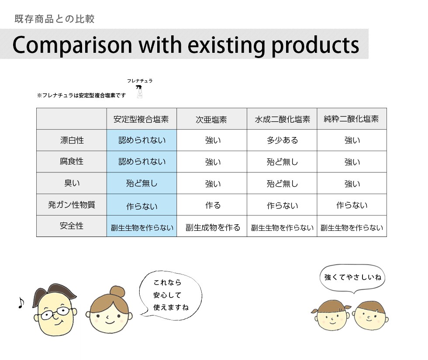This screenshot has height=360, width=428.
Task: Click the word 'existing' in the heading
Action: [x=226, y=45]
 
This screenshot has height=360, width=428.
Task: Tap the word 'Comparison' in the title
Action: [x=72, y=45]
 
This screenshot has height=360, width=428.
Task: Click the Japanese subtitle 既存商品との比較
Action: [x=55, y=19]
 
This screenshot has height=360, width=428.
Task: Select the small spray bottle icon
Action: [x=139, y=92]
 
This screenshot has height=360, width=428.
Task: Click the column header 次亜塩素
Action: [x=211, y=120]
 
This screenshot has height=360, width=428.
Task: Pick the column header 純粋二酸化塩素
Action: [x=351, y=119]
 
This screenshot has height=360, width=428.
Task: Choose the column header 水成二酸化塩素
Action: [x=282, y=119]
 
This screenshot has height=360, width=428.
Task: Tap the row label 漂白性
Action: [x=72, y=140]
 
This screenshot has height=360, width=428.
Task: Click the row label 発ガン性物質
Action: [x=72, y=205]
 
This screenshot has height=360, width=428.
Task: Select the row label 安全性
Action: [x=72, y=226]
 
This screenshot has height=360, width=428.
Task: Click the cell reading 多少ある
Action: [x=282, y=140]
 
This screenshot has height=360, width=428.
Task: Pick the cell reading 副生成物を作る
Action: [x=213, y=227]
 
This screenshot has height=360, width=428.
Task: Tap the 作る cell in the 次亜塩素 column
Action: [x=213, y=205]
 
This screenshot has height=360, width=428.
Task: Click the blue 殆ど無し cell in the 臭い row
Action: [x=142, y=183]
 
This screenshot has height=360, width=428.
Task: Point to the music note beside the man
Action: [x=21, y=303]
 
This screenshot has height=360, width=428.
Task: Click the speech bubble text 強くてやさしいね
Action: [x=352, y=278]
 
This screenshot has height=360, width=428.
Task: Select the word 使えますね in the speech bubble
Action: [x=171, y=307]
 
